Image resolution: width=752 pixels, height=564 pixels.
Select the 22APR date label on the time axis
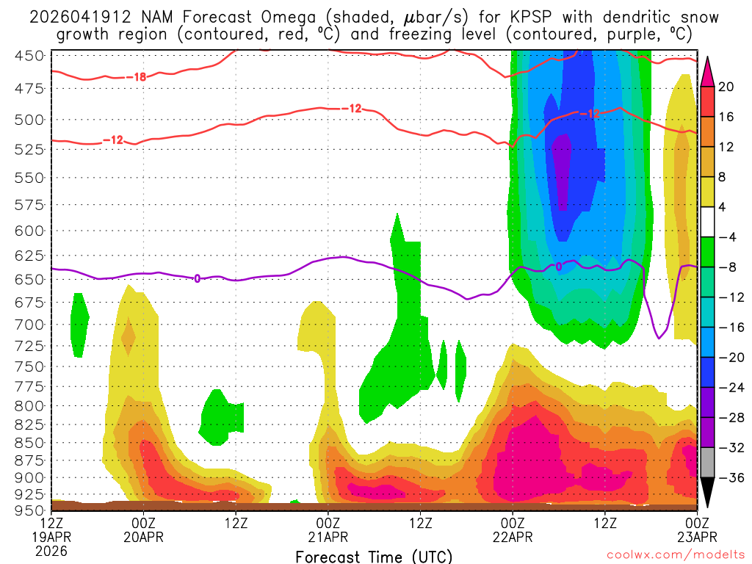[513, 537]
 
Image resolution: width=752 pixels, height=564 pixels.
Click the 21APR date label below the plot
[328, 537]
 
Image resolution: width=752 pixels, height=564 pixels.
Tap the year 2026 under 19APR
[50, 550]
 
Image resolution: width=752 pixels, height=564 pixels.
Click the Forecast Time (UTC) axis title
[374, 556]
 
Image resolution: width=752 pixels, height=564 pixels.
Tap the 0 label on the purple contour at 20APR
[197, 278]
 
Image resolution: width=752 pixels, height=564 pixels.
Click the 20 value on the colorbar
[726, 87]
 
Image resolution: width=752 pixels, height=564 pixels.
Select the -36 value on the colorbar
[729, 477]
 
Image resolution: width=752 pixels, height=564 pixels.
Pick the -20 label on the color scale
[729, 357]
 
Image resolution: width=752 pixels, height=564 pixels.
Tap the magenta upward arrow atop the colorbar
[707, 71]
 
